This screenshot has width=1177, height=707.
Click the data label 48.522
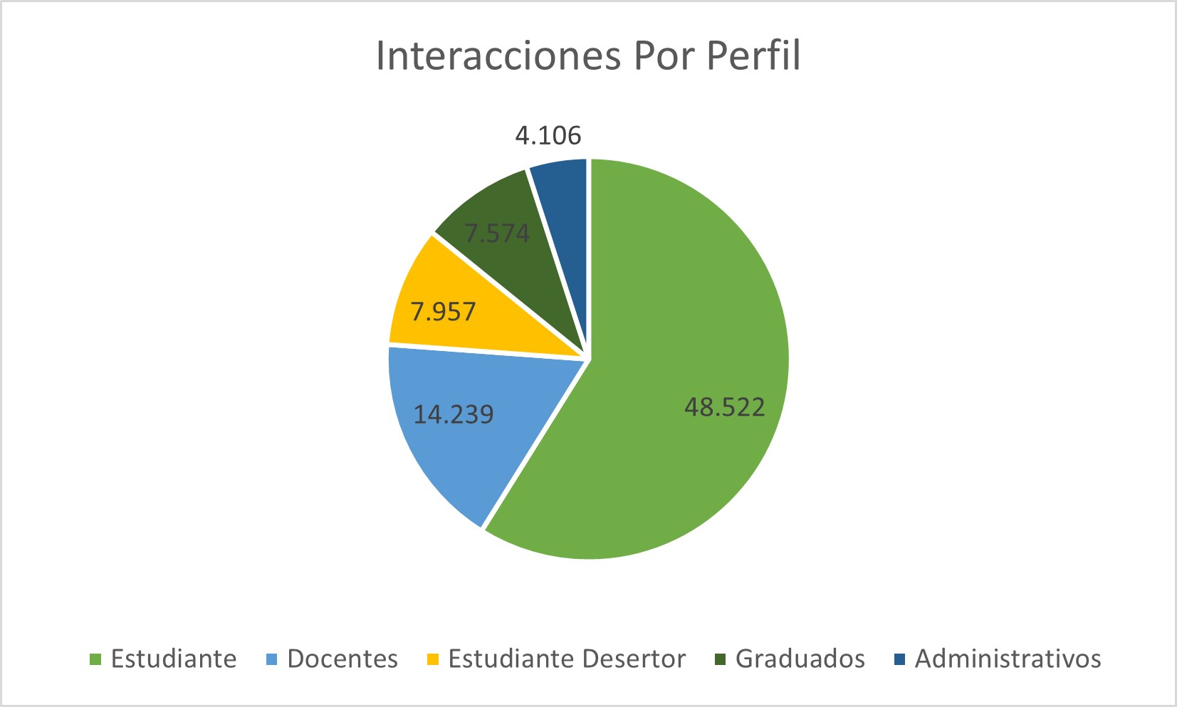724,407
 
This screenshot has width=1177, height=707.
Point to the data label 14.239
454,414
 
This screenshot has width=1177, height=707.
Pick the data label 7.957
443,312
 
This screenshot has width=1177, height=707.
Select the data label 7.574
497,234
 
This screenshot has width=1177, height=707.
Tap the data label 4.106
548,135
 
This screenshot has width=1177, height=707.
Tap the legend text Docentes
342,659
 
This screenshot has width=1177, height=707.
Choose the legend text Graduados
800,659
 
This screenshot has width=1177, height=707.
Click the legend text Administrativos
1008,659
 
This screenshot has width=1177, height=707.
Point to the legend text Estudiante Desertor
567,659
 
